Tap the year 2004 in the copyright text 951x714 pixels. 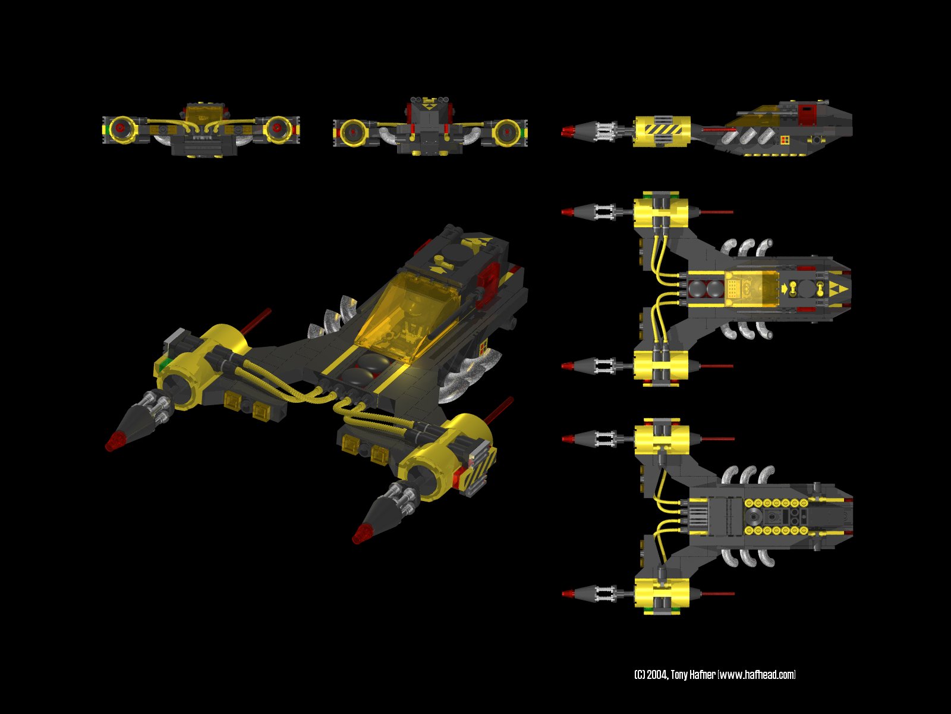point(657,675)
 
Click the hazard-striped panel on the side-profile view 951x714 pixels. point(661,130)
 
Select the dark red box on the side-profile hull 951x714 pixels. point(807,114)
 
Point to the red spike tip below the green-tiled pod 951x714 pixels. point(114,442)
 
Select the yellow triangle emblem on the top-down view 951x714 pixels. point(840,289)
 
